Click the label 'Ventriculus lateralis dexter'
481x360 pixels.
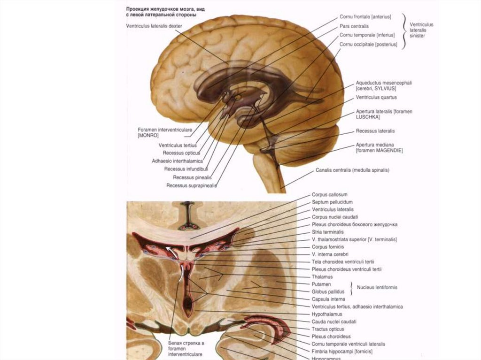pyautogui.click(x=154, y=26)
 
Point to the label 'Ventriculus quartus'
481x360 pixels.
pyautogui.click(x=376, y=98)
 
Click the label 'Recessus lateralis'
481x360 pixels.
pyautogui.click(x=375, y=131)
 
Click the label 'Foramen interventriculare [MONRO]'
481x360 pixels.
pyautogui.click(x=158, y=132)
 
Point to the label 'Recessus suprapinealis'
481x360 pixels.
pyautogui.click(x=191, y=185)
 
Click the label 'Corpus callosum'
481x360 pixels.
pyautogui.click(x=329, y=194)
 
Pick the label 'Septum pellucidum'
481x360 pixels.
pyautogui.click(x=332, y=202)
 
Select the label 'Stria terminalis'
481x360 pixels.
pyautogui.click(x=327, y=232)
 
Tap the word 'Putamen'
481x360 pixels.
pyautogui.click(x=321, y=284)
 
